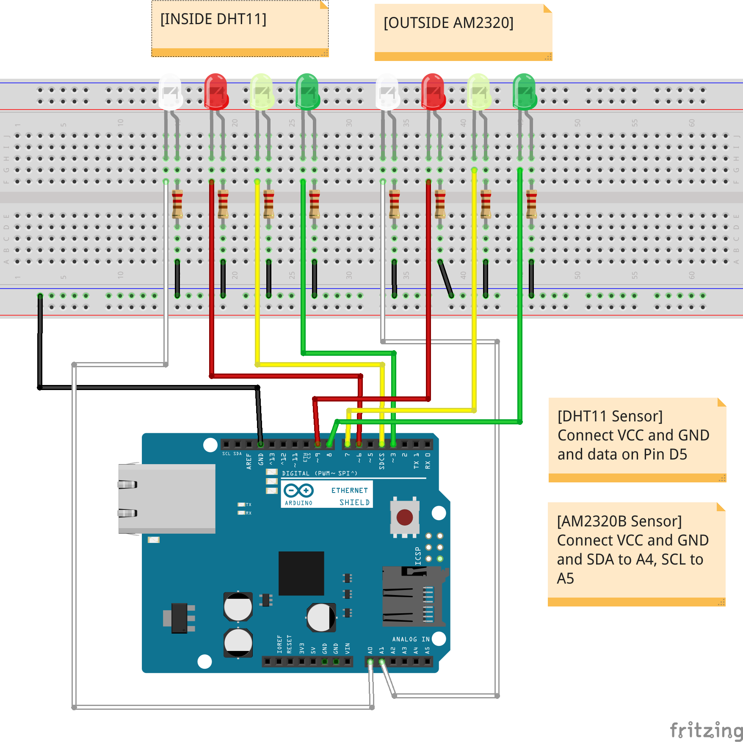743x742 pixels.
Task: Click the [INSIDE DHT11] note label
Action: click(x=213, y=19)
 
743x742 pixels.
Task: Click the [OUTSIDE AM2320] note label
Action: click(x=448, y=23)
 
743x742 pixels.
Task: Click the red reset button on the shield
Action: click(x=404, y=517)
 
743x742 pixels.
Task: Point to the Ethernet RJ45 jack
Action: click(x=167, y=498)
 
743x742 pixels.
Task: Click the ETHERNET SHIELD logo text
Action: click(x=350, y=496)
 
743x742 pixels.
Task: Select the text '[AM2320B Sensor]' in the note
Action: click(x=619, y=521)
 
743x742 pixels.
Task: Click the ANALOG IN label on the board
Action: click(x=411, y=639)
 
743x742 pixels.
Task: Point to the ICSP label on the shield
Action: click(x=418, y=556)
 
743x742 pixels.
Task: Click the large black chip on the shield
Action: click(x=301, y=573)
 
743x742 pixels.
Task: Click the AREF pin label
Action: click(x=249, y=461)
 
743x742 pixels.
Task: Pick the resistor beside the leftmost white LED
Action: click(x=177, y=204)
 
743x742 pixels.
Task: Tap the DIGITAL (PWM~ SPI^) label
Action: click(x=320, y=473)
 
